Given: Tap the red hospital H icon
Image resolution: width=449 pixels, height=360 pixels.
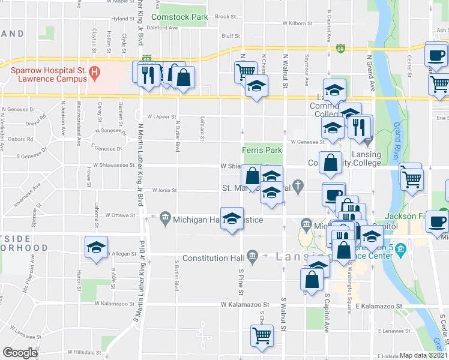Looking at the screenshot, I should tap(94, 74).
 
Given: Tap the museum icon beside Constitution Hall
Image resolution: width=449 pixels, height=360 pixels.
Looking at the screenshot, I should tap(253, 256).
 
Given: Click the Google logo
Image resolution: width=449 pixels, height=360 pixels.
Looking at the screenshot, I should tap(20, 353).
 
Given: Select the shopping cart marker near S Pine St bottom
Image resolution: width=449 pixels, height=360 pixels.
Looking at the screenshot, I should tap(262, 337).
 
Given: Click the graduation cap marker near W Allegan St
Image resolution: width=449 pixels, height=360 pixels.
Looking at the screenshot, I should tap(96, 248).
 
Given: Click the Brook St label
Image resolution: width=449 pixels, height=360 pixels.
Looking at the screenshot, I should tap(224, 17).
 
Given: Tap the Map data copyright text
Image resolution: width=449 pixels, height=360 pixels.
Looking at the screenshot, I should tap(424, 355).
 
